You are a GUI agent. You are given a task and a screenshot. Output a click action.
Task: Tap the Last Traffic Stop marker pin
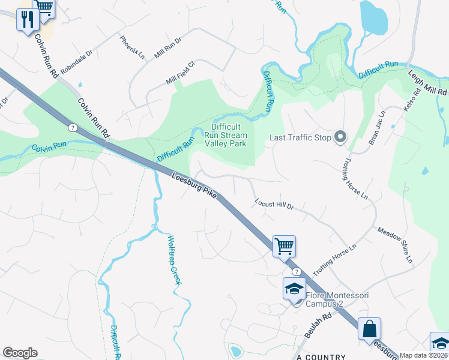point(340,137)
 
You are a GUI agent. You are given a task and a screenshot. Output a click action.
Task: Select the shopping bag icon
point(369,329)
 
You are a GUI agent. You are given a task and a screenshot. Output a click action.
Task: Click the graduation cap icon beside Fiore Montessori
point(295,288)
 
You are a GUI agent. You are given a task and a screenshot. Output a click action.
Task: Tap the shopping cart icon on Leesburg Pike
point(284,245)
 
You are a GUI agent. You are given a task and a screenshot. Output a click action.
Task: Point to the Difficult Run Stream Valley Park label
point(226,135)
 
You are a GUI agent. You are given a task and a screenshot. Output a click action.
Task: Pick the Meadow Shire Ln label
point(395,245)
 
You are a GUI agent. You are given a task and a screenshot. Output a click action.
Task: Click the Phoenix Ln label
point(132,47)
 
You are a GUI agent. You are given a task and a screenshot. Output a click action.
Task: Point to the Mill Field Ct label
point(181,73)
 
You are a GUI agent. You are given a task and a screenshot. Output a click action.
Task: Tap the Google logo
point(20,353)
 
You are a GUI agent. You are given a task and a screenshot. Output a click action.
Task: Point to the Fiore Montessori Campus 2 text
point(337,299)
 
